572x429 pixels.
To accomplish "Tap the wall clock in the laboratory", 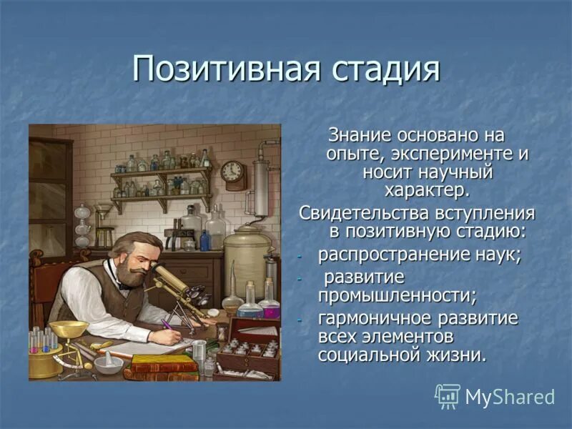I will point(232,172).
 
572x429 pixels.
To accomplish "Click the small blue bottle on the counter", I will point(205,240).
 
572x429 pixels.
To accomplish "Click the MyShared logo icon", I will point(448,396).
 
